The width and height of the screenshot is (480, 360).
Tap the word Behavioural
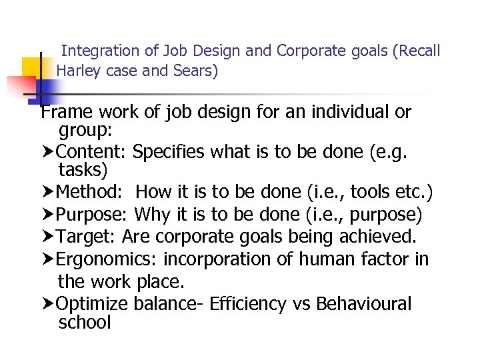coord(364,304)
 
